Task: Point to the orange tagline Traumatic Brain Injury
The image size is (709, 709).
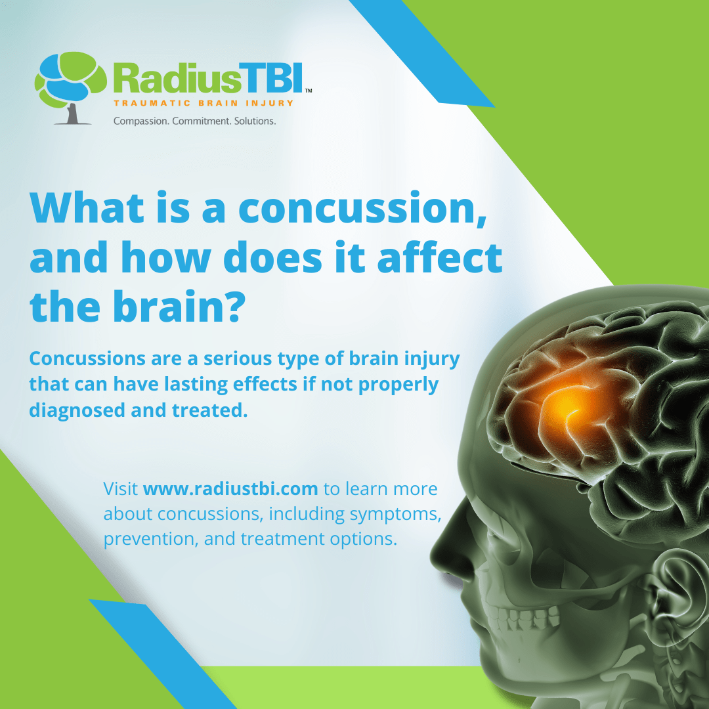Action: tap(204, 103)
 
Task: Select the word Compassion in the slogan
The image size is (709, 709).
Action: tap(140, 121)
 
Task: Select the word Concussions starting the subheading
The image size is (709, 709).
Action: tap(87, 358)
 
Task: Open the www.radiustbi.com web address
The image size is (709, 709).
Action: tap(230, 489)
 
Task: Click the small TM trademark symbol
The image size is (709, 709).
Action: tap(309, 91)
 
